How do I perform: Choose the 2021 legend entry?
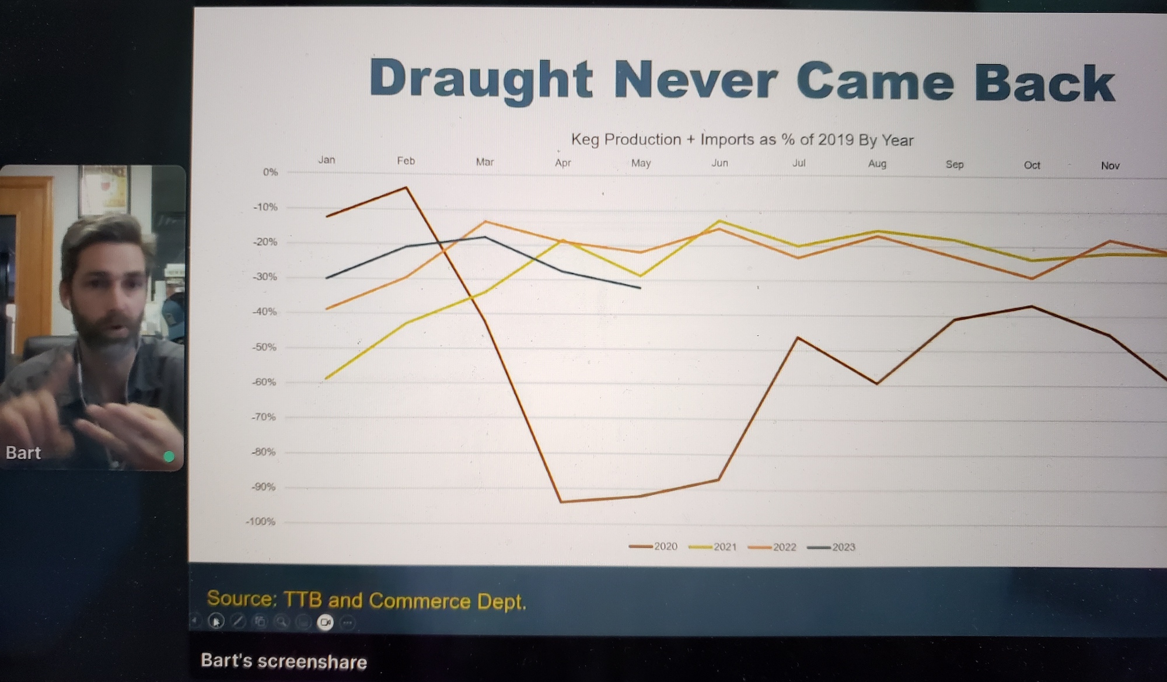pos(713,547)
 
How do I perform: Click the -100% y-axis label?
pos(260,522)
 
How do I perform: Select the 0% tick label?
pos(270,172)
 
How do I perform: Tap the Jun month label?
pos(719,163)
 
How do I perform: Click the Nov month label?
pos(1110,166)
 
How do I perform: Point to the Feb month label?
pos(406,161)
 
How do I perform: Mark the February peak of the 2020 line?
pos(406,188)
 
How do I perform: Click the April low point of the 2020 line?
pos(561,502)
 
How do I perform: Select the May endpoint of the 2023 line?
pos(640,288)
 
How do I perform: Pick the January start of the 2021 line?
pos(326,379)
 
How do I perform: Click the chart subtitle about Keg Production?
pos(742,140)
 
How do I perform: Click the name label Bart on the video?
pos(23,453)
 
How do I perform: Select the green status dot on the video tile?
pos(169,456)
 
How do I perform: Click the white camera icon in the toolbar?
pos(325,622)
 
